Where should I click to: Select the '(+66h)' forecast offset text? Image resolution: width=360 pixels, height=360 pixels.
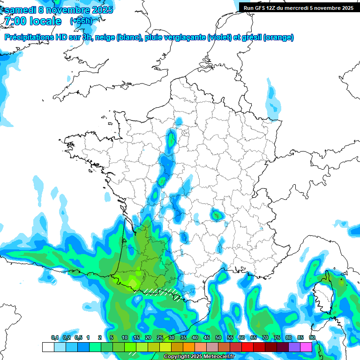click(81, 21)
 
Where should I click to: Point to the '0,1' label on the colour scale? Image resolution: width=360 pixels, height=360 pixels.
click(55, 338)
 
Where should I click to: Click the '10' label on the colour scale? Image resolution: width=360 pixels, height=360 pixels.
click(125, 338)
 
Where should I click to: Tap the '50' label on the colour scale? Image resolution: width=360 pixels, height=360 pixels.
click(218, 338)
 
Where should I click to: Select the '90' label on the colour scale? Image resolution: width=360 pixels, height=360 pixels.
click(312, 338)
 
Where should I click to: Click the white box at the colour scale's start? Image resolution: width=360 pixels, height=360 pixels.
click(48, 347)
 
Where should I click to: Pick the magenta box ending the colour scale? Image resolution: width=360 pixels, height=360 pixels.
click(306, 347)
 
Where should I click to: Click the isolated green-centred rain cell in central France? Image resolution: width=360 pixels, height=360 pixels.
click(217, 215)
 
